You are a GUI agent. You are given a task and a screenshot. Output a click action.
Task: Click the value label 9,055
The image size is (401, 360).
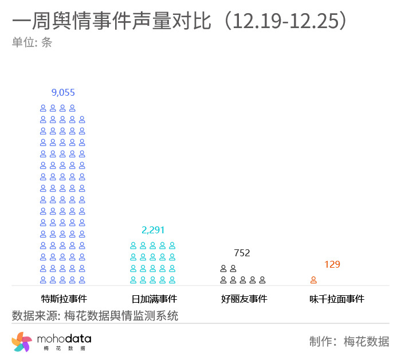click(x=63, y=92)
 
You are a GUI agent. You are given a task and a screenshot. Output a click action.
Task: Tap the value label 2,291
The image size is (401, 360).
click(x=153, y=230)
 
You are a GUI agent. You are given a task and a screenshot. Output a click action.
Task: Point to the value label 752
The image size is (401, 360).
click(x=242, y=253)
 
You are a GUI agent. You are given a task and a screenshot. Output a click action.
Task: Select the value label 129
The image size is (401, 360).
click(x=332, y=264)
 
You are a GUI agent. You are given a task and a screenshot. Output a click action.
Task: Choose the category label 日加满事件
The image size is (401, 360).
click(x=154, y=299)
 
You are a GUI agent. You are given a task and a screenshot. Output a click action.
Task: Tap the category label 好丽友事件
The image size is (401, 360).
click(x=244, y=299)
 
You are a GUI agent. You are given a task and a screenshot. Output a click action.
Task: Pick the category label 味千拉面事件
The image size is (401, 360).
click(x=337, y=299)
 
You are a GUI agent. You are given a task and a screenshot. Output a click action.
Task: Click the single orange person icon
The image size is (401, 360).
click(x=314, y=280)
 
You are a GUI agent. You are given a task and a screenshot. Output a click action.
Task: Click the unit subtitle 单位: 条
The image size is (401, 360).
click(x=32, y=42)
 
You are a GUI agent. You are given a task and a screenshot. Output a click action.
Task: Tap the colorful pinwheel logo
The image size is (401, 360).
click(x=21, y=342)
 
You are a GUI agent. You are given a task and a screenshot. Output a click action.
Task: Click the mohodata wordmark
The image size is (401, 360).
click(x=64, y=340)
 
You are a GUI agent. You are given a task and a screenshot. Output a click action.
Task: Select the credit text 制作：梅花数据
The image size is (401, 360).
click(x=349, y=342)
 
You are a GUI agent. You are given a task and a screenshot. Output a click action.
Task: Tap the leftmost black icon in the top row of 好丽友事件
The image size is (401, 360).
click(x=223, y=268)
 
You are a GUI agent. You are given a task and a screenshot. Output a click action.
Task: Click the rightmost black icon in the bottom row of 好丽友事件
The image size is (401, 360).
click(x=262, y=280)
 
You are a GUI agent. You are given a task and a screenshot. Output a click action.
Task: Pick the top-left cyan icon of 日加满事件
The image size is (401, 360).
click(x=133, y=245)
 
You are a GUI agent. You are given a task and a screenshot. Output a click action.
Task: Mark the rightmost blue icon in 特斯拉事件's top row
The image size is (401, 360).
click(x=72, y=108)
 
